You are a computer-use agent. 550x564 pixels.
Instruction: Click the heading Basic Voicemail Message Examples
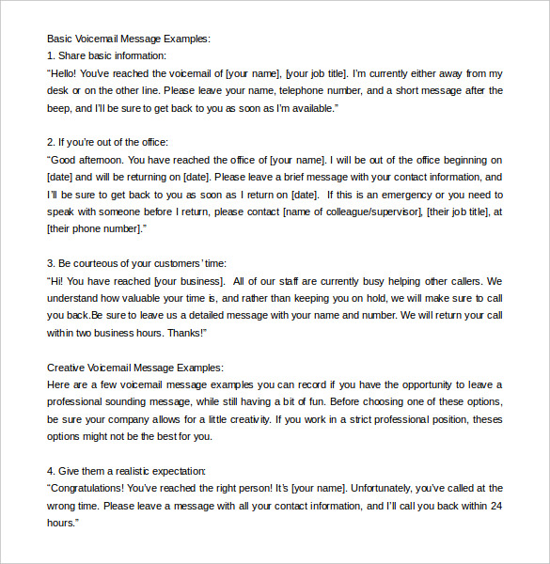click(x=129, y=39)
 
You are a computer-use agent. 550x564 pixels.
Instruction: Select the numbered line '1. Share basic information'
click(x=106, y=55)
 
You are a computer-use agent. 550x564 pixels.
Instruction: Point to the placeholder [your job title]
click(x=317, y=73)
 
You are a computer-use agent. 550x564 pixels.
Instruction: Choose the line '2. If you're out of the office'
click(x=107, y=142)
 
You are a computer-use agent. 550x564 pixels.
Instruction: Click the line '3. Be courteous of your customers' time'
click(x=136, y=263)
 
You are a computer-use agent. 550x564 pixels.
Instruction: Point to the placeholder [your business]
click(x=188, y=280)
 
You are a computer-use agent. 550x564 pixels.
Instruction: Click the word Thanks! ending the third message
click(x=187, y=333)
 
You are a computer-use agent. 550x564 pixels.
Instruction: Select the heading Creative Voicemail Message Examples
click(x=135, y=367)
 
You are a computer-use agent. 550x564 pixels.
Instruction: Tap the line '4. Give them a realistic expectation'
click(x=127, y=471)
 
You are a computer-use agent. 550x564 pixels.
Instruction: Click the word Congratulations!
click(x=92, y=488)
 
